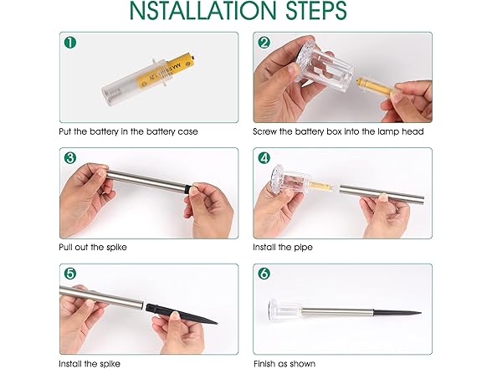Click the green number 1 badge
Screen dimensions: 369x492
(70, 43)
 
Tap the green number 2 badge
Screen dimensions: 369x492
(265, 43)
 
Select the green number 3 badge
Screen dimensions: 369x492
(70, 158)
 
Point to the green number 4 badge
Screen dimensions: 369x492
(265, 158)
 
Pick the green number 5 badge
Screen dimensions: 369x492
(70, 274)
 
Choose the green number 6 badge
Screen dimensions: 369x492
(265, 274)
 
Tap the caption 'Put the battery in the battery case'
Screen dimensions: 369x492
(128, 132)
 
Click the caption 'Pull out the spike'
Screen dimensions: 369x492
(95, 248)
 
